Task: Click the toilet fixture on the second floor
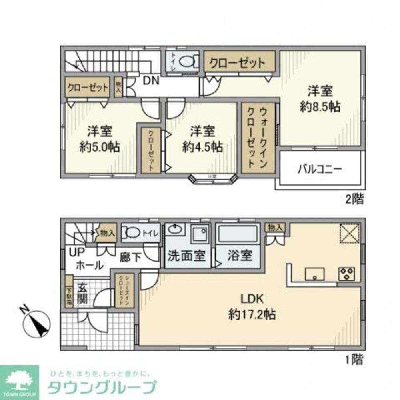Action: (187, 62)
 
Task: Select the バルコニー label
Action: (319, 168)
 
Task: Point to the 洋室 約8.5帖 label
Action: (320, 99)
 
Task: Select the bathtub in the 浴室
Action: (238, 234)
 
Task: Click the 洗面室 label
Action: (186, 256)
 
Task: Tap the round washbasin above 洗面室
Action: (176, 229)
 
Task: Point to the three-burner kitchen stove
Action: (347, 274)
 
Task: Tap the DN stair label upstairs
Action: (151, 81)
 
